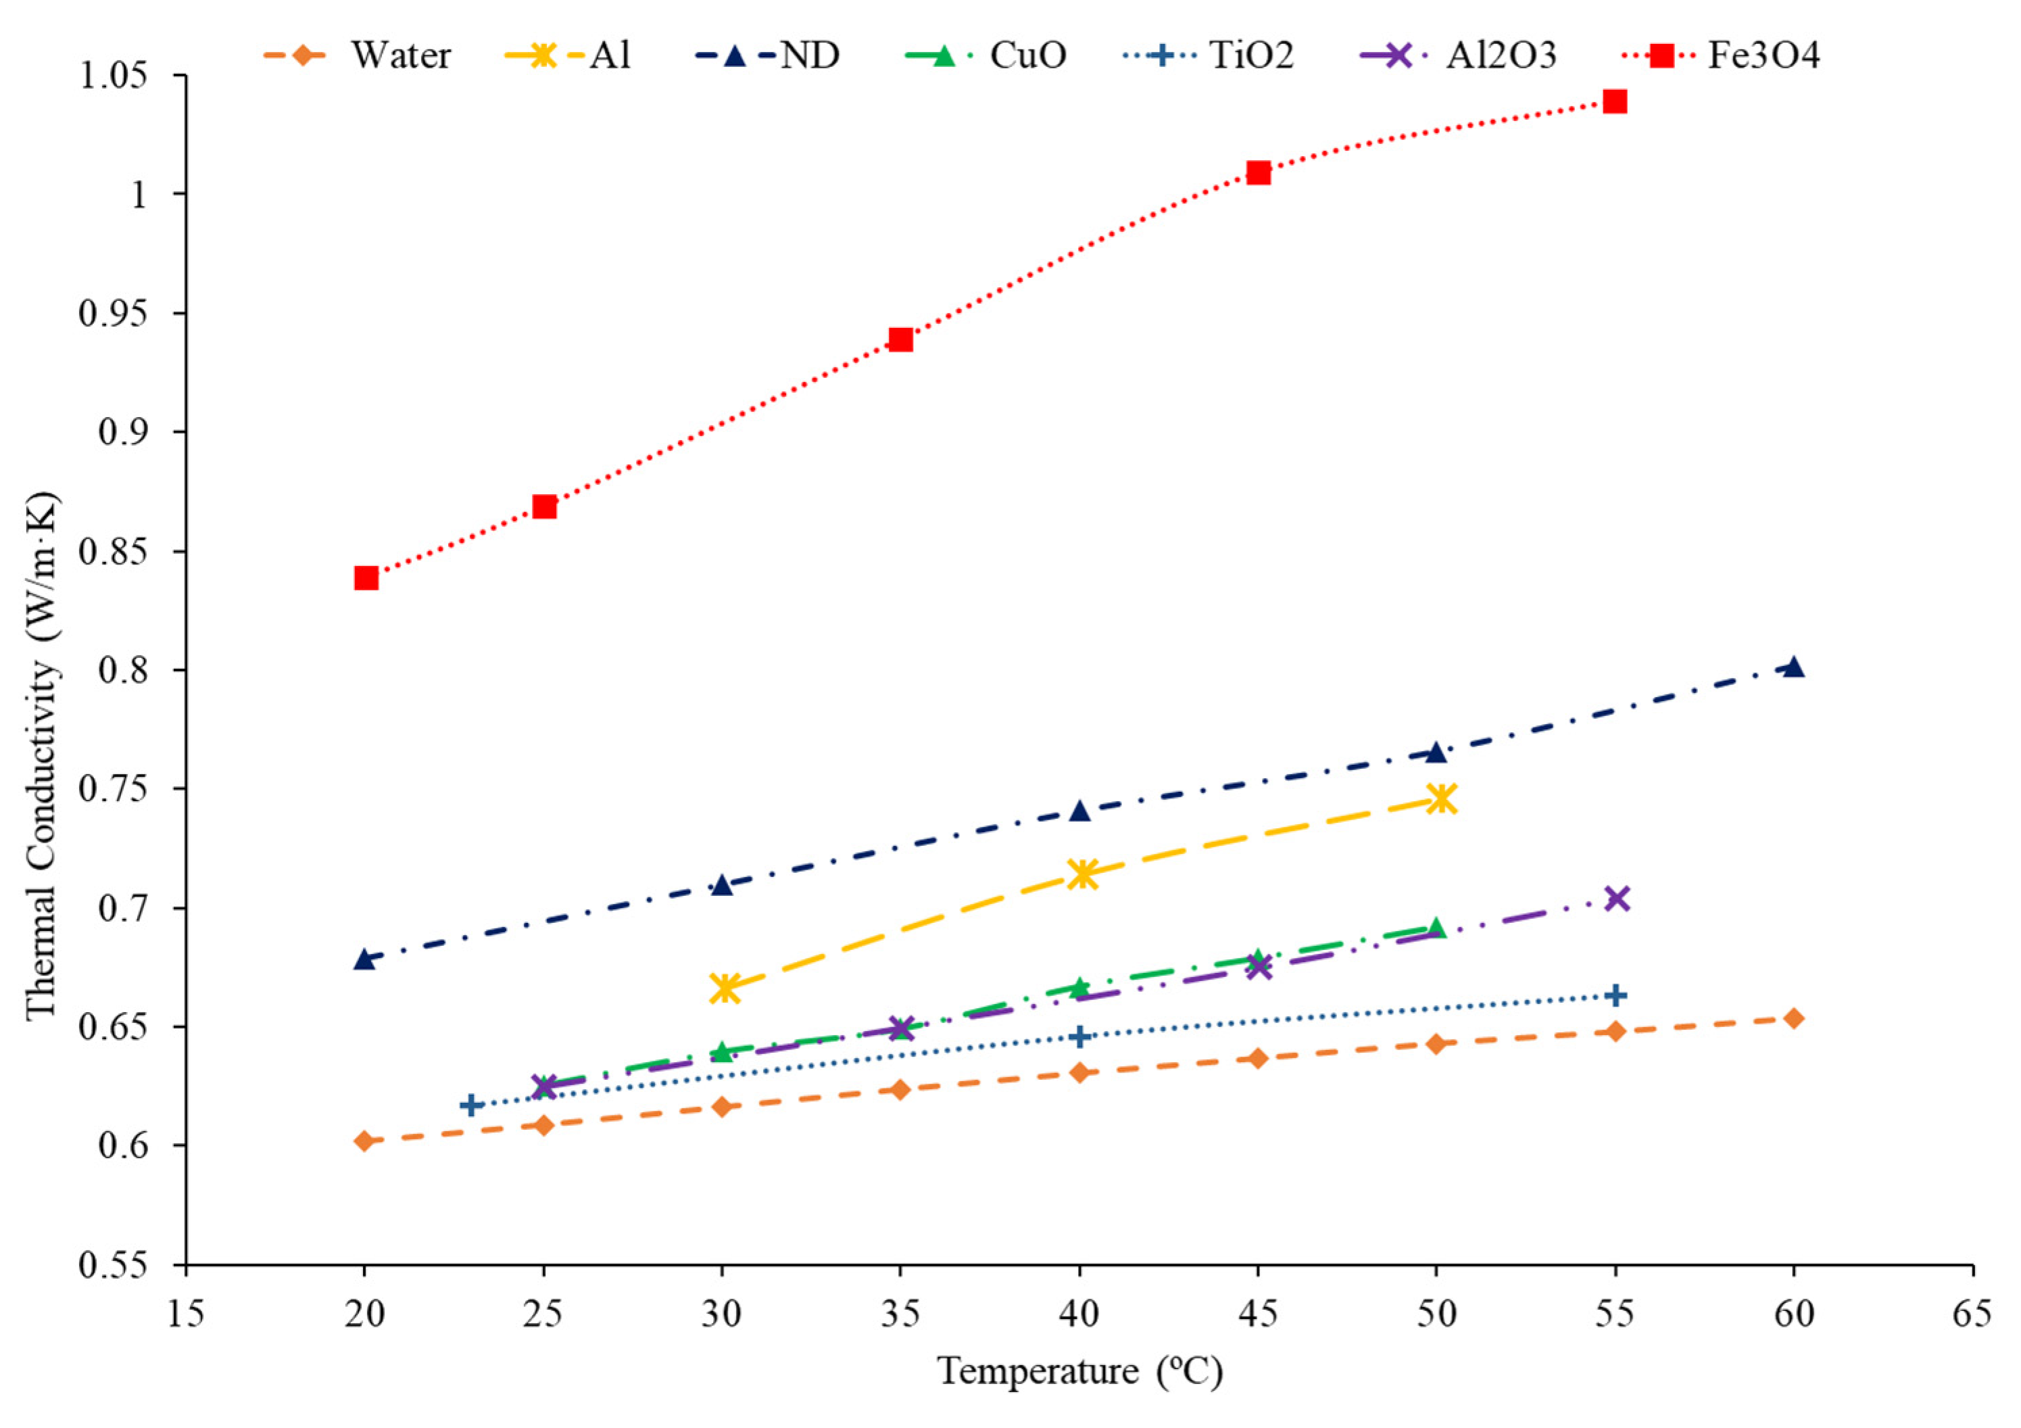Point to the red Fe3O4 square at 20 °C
click(366, 578)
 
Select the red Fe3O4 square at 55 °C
click(1614, 102)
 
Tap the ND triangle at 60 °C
click(1794, 667)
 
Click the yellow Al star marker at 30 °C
click(723, 988)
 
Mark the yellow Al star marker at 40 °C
click(1081, 874)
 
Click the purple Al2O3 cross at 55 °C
click(1616, 899)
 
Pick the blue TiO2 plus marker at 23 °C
click(472, 1105)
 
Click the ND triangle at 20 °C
click(364, 959)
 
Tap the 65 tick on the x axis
click(1972, 1314)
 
